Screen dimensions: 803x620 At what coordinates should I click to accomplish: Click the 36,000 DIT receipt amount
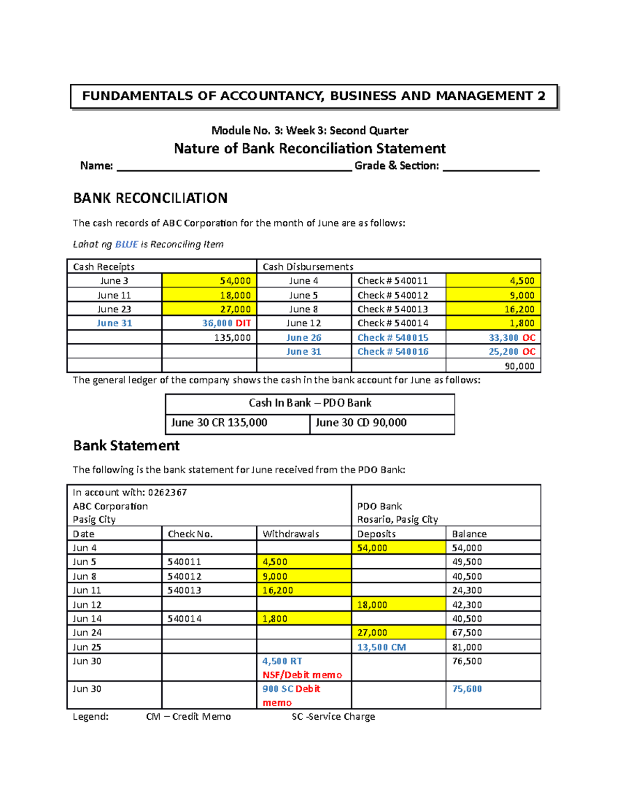pos(226,323)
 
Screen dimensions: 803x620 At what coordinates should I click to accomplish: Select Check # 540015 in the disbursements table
pos(393,338)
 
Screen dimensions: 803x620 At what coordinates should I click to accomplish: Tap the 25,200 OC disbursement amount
pos(512,352)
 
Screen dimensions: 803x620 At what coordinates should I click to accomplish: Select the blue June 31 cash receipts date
pos(114,323)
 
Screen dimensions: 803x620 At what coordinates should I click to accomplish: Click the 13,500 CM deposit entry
pos(381,647)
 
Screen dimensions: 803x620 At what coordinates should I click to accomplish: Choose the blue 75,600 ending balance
pos(467,689)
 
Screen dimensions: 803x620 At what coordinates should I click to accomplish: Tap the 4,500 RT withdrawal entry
pos(282,661)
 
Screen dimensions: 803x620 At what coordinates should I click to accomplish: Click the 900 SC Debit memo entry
pos(291,689)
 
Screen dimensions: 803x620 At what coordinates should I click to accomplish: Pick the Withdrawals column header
pos(290,534)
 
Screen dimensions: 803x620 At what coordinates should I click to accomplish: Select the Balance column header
pos(469,534)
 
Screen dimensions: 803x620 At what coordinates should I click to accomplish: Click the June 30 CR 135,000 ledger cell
pos(219,422)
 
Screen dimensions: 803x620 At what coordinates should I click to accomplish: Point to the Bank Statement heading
pos(126,446)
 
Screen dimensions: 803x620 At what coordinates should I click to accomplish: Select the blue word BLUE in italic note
pos(126,244)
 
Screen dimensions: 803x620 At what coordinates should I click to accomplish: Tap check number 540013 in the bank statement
pos(184,590)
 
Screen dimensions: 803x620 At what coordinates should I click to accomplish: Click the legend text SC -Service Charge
pos(333,717)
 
